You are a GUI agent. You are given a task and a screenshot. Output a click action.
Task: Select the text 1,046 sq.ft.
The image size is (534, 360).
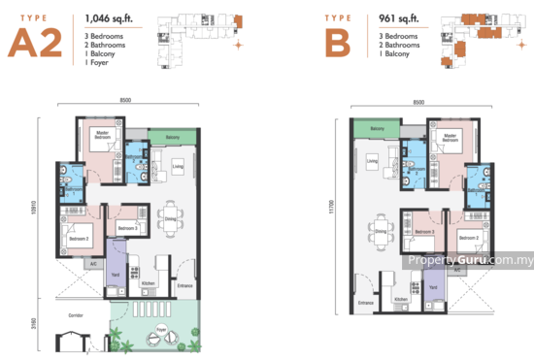click(113, 16)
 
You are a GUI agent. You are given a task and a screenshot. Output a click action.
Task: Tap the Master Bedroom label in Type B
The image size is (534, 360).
click(448, 136)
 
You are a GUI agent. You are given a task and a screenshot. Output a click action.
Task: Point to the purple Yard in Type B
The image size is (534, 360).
click(433, 287)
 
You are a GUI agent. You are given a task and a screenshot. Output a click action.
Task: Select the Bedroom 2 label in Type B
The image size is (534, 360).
click(468, 237)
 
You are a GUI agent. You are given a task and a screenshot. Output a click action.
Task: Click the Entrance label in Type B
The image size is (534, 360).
click(365, 303)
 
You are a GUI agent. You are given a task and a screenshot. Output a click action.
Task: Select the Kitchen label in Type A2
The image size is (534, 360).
click(148, 283)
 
